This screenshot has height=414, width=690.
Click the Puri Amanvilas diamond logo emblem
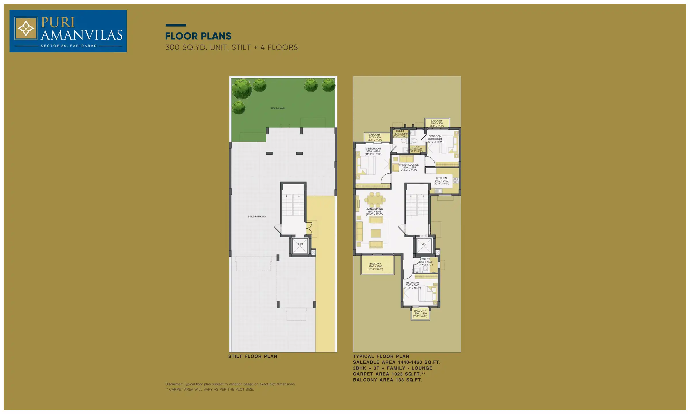click(x=26, y=28)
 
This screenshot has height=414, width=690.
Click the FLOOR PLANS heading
click(x=198, y=36)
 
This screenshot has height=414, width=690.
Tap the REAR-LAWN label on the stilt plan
click(x=277, y=108)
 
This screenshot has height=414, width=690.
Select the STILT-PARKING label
click(x=257, y=216)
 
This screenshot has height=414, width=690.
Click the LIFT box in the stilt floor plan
click(x=300, y=246)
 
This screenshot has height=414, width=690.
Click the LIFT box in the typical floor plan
click(x=424, y=245)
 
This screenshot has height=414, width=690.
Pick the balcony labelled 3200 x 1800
click(x=375, y=266)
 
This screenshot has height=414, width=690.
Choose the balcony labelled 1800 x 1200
click(x=420, y=313)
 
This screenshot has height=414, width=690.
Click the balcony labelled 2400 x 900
click(x=436, y=123)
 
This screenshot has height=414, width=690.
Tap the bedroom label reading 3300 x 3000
click(x=412, y=285)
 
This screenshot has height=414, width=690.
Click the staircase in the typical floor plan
click(x=417, y=205)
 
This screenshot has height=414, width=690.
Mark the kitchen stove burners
click(x=456, y=181)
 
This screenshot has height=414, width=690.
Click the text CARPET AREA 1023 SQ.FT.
click(x=389, y=374)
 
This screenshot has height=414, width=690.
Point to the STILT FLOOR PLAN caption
click(x=253, y=356)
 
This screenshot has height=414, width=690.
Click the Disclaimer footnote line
click(x=230, y=384)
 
